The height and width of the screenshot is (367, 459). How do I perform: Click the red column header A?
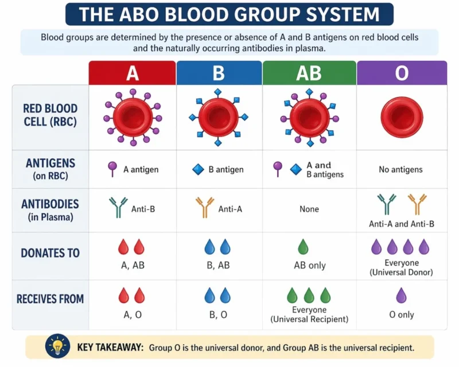point(132,73)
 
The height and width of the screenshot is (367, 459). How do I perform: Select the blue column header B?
point(219,73)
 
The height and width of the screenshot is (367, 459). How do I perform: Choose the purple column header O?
point(402,73)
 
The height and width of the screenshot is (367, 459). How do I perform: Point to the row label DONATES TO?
point(51,253)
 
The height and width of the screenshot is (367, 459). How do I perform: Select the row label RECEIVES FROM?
point(51,298)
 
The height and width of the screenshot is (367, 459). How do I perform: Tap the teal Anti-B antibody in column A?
point(118,208)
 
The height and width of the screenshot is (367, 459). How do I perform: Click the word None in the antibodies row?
point(309,209)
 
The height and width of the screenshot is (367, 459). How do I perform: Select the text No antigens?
point(400,169)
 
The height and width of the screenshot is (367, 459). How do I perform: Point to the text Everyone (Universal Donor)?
point(400,267)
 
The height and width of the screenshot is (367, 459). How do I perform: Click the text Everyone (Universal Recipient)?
point(309,315)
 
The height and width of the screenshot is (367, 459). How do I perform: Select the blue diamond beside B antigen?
point(198,169)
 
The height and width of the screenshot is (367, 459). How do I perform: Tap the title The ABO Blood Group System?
point(229,14)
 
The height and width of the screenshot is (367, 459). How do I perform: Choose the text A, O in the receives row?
point(131,314)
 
